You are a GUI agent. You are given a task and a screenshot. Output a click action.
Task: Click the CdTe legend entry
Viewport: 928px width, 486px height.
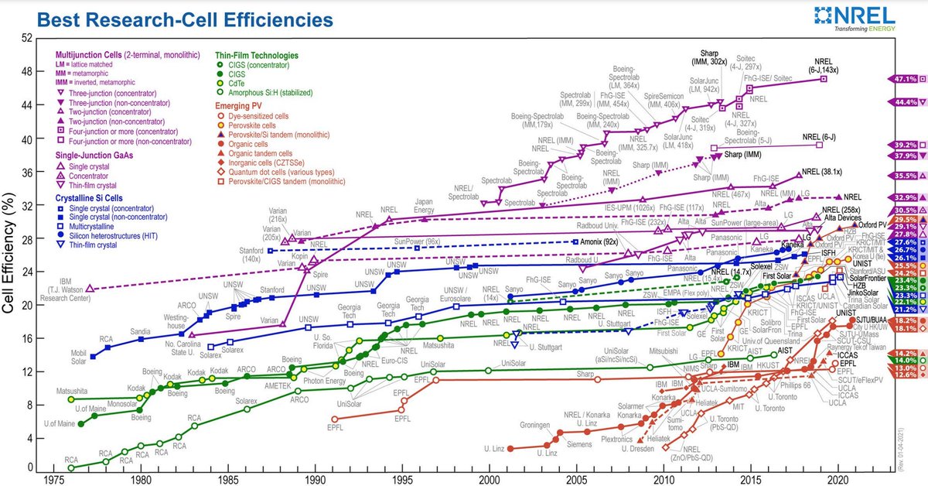[237, 83]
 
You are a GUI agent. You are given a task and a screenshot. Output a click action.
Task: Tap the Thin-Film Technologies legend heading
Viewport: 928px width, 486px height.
[256, 56]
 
